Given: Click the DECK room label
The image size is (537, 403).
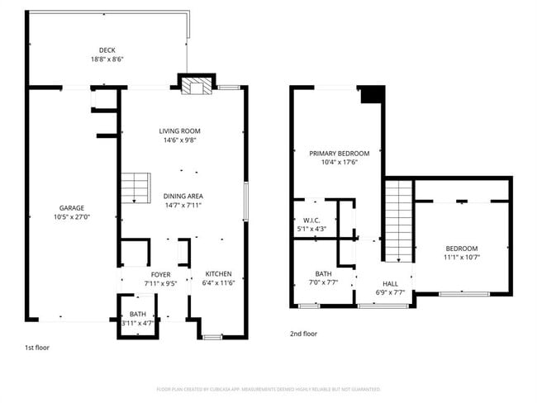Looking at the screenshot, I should coord(107,50).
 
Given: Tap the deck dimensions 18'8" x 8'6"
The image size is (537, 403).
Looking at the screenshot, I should coord(107,59).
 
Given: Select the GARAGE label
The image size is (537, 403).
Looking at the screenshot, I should coord(71,208).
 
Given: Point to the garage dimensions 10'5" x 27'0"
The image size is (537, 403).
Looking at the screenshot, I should coord(71,217).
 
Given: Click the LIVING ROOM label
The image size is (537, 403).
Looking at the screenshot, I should coord(180,131).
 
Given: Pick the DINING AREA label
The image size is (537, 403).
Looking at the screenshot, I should coord(183,196).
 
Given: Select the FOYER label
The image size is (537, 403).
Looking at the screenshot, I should coord(160,274).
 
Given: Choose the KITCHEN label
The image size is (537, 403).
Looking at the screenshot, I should coord(218,274).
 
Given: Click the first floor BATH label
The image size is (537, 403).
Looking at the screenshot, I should coord(136,315).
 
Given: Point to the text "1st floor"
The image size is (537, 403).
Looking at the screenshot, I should coord(37,348).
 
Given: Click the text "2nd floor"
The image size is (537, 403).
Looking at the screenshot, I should coord(304,334).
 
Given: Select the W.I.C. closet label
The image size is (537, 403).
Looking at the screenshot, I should coord(311,220).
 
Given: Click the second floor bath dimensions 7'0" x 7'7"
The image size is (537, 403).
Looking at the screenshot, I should coord(323,282).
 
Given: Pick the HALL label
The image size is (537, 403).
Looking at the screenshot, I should coord(390,282).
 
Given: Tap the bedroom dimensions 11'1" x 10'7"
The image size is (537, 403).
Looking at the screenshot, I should coord(462,258).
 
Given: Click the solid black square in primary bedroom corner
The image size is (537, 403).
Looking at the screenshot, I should coord(373,95).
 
